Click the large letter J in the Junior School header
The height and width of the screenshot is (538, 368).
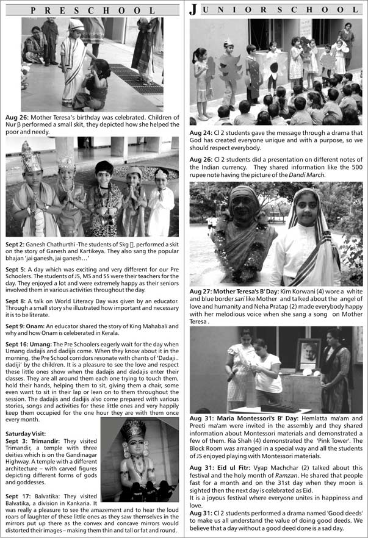(x=193, y=9)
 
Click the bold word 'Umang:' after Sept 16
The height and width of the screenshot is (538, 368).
(x=41, y=343)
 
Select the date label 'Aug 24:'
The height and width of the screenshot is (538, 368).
(x=201, y=133)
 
